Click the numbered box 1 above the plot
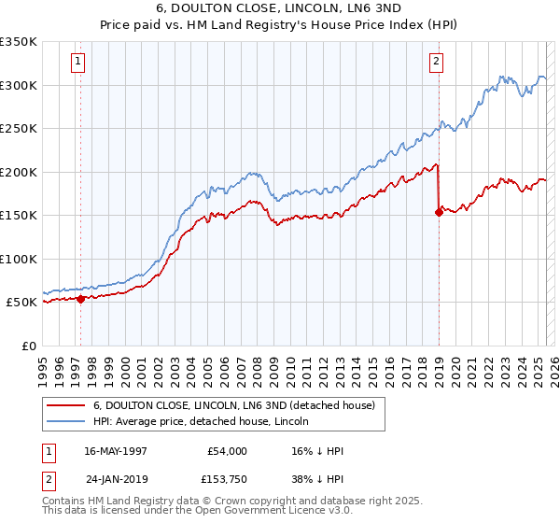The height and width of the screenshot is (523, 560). click(x=77, y=63)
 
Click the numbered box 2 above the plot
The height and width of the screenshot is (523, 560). click(x=436, y=63)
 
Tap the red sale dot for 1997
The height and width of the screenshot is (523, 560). click(x=81, y=299)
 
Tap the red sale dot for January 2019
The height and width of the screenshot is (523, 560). click(x=439, y=212)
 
